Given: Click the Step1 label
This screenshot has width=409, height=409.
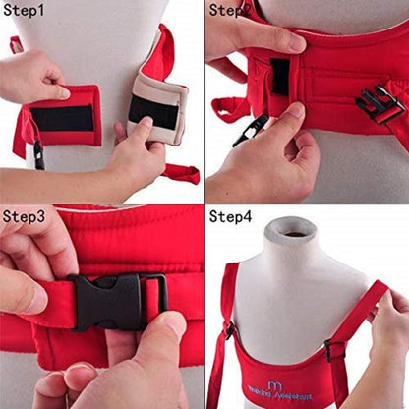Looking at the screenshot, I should (x=24, y=11).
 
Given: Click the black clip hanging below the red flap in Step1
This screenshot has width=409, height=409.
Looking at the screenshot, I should (x=38, y=154).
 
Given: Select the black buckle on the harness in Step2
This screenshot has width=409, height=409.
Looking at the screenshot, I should (x=380, y=102).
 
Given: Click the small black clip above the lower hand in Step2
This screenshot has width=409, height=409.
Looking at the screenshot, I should (x=250, y=129).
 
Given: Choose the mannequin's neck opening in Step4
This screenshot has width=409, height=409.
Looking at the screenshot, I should (x=295, y=235).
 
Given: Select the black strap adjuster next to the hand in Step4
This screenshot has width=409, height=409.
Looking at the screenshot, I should (x=336, y=349).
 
